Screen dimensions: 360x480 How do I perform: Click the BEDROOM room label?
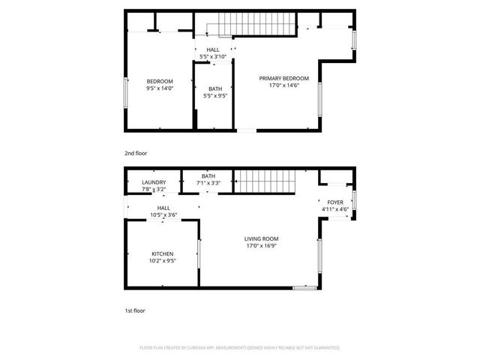(x=160, y=81)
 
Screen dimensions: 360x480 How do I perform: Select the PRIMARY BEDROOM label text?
(x=284, y=78)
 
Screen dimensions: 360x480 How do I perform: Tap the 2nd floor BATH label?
(x=215, y=88)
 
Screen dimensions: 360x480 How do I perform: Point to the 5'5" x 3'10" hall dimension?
(x=214, y=57)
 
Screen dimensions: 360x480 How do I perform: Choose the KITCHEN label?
(x=163, y=253)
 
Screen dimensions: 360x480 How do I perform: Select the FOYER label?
(x=334, y=202)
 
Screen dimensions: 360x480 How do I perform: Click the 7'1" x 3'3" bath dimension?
(x=208, y=183)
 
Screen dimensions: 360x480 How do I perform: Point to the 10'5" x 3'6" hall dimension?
(x=163, y=215)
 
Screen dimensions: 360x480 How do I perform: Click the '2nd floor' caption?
(x=136, y=153)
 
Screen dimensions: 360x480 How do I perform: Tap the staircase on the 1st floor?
(x=264, y=180)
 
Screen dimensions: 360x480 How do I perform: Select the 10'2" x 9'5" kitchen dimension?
(x=163, y=261)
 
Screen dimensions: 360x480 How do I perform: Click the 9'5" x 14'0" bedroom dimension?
(x=160, y=88)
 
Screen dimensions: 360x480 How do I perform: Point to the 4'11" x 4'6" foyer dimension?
(x=334, y=209)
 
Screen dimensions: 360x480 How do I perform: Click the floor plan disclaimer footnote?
(x=240, y=348)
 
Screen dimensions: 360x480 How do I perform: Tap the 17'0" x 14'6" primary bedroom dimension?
(x=284, y=85)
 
